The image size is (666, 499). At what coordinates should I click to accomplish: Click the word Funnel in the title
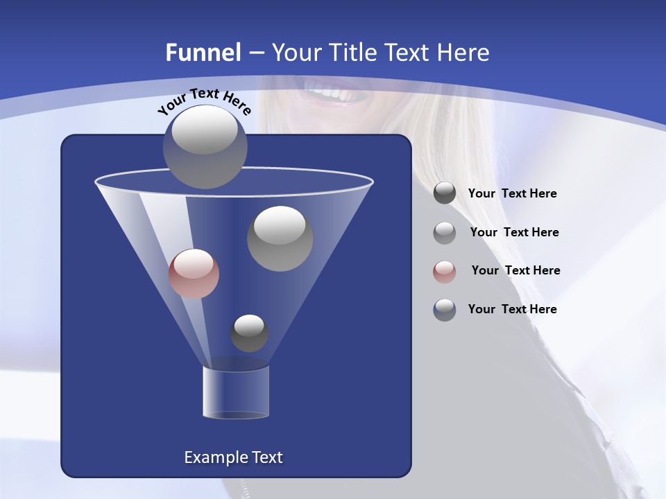pos(203,53)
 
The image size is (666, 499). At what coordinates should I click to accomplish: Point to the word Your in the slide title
pos(296,53)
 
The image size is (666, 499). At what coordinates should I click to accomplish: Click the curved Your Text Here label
pos(205,101)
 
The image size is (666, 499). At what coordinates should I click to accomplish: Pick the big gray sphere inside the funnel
pos(280,238)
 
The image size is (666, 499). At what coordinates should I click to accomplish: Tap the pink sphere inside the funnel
pos(194,273)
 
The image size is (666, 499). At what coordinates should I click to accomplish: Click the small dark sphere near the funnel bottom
pos(249,333)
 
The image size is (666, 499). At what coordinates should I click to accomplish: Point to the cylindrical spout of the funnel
pos(235,392)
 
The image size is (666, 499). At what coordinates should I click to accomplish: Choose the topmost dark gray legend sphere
pos(445,193)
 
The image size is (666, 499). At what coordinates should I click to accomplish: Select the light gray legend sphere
pos(445,232)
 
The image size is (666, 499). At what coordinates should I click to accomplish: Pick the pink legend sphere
pos(445,271)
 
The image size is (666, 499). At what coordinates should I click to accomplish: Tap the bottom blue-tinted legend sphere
pos(445,310)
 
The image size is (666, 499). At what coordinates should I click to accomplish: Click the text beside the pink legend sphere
pos(515,270)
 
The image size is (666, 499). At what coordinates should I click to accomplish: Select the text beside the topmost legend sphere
pos(512,193)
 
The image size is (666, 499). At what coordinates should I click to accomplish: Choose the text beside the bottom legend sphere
pos(512,309)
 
